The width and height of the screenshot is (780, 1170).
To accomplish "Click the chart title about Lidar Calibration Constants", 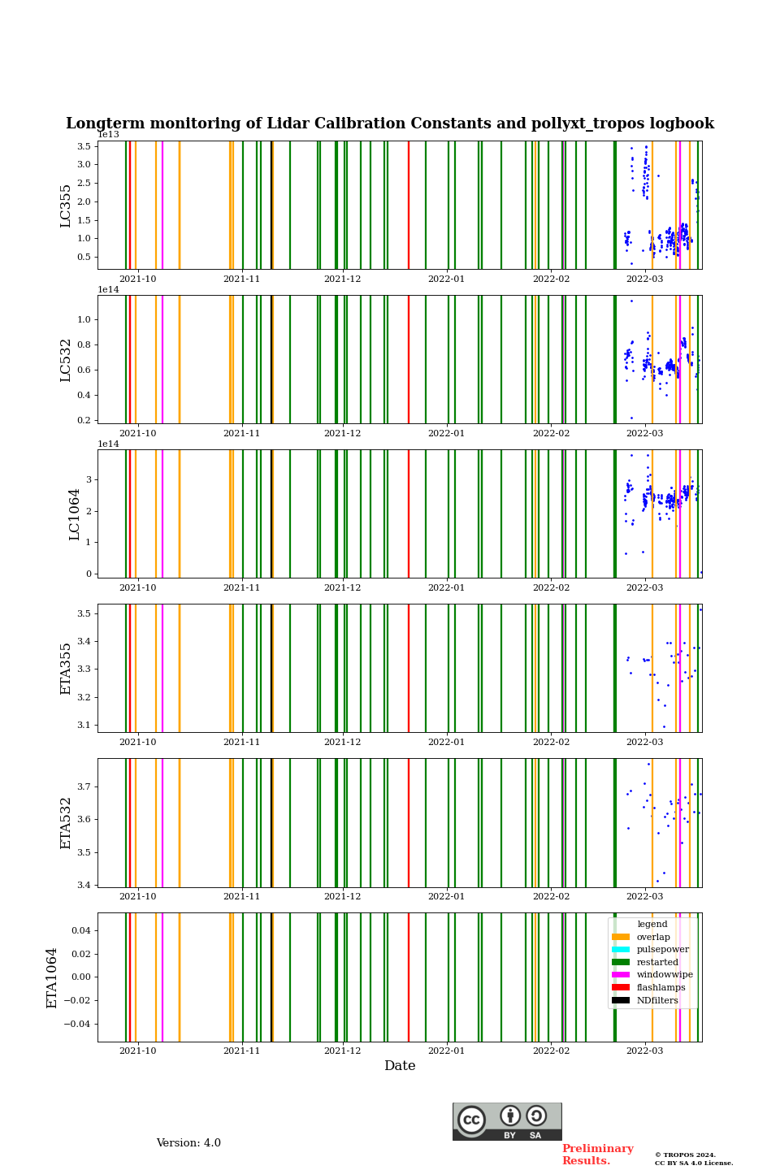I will (x=390, y=123).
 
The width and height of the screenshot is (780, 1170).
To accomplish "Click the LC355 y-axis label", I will (x=66, y=206).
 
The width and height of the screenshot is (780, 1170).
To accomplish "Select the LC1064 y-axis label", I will (x=75, y=514).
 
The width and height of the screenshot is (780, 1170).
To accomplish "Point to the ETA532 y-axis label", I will (x=66, y=823).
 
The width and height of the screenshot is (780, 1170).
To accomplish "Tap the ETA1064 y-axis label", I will (x=52, y=977).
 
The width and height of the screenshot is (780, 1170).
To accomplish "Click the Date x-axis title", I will (x=400, y=1066).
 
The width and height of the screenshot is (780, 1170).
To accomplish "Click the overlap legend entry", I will (x=652, y=937).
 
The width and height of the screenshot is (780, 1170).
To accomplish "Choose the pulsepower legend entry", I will (x=661, y=949).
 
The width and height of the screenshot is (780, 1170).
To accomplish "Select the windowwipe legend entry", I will (x=664, y=974).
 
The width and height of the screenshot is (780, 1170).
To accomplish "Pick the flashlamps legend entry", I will (x=660, y=987).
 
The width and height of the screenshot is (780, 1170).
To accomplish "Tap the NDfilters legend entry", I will (x=656, y=1000).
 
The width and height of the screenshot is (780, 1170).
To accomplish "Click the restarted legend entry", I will (x=656, y=962).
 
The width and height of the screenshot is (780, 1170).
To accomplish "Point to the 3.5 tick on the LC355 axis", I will (x=84, y=146).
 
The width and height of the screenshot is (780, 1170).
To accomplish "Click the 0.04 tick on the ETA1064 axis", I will (x=80, y=930).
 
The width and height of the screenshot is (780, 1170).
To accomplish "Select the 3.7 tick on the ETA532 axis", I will (x=84, y=786).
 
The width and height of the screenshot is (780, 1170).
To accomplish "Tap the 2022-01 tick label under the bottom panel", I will (x=446, y=1051).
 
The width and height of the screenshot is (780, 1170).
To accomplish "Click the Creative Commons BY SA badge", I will (x=507, y=1121).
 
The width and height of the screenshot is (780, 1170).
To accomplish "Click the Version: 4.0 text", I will (x=188, y=1143).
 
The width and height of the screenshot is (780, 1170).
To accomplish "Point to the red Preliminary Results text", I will (x=597, y=1155).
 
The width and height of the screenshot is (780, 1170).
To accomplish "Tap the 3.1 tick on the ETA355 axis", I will (x=84, y=725).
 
